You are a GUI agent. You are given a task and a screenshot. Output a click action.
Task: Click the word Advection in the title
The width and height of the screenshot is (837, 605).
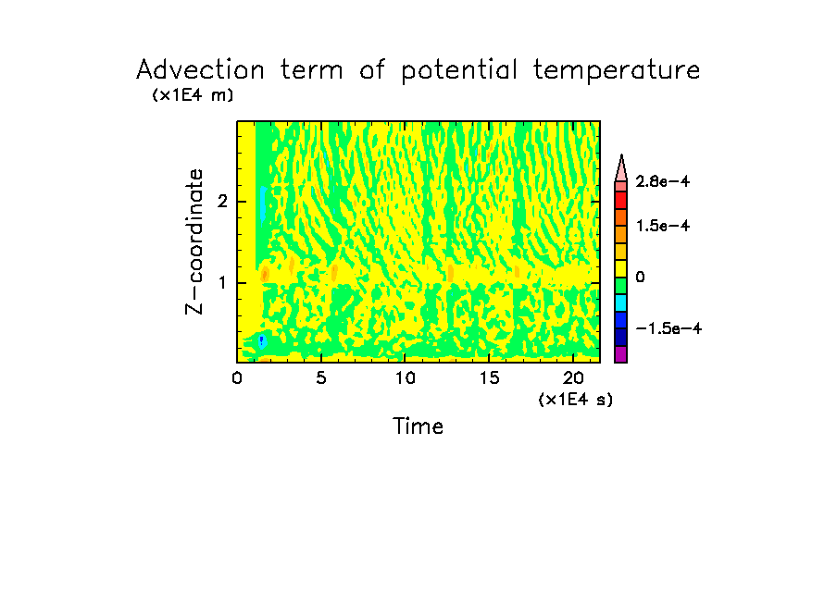pyautogui.click(x=199, y=70)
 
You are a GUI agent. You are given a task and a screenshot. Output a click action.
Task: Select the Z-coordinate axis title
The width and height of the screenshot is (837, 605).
pyautogui.click(x=194, y=241)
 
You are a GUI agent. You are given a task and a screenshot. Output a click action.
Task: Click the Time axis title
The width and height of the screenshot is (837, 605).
pyautogui.click(x=418, y=426)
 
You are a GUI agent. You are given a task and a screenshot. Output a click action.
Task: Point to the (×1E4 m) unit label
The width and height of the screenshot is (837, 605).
pyautogui.click(x=193, y=94)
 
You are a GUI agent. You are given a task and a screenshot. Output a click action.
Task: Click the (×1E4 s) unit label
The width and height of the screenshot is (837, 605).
pyautogui.click(x=575, y=400)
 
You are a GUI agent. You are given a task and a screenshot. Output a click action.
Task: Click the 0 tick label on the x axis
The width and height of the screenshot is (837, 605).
pyautogui.click(x=237, y=377)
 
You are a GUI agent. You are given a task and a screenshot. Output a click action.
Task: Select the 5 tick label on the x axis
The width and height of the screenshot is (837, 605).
pyautogui.click(x=320, y=377)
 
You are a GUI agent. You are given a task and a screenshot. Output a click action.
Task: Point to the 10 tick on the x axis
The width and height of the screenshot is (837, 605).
pyautogui.click(x=405, y=377)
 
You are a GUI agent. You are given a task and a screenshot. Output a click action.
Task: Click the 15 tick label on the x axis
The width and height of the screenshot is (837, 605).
pyautogui.click(x=489, y=377)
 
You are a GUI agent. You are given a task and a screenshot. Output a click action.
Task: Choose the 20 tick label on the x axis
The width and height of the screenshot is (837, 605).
pyautogui.click(x=573, y=377)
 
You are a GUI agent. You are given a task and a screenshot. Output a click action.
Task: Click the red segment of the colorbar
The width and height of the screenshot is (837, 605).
pyautogui.click(x=621, y=199)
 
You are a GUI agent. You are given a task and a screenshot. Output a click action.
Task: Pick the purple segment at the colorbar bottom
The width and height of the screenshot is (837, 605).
pyautogui.click(x=621, y=354)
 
